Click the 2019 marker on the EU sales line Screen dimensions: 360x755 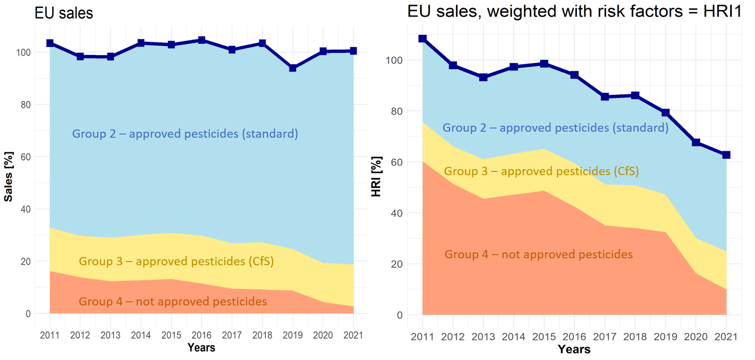(293, 68)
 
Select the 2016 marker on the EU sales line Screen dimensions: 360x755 (202, 40)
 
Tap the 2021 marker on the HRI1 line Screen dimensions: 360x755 (726, 155)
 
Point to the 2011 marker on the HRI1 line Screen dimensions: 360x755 (423, 39)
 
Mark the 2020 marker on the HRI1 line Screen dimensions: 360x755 (696, 142)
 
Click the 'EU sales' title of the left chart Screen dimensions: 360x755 (64, 13)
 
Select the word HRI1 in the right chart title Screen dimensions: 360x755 (722, 11)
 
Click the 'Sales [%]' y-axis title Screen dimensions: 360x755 (8, 177)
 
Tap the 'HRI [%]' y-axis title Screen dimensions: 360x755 (376, 177)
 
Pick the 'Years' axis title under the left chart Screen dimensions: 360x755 (201, 348)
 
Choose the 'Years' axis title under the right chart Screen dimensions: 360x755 (574, 349)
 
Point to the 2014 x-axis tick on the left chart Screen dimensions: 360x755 (141, 335)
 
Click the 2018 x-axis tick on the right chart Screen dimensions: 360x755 (635, 336)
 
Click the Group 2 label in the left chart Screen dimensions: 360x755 (185, 134)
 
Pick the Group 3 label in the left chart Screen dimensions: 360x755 (176, 262)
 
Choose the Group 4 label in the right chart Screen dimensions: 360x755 (539, 255)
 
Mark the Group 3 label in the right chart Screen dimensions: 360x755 (541, 171)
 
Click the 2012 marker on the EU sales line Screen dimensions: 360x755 (80, 56)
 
